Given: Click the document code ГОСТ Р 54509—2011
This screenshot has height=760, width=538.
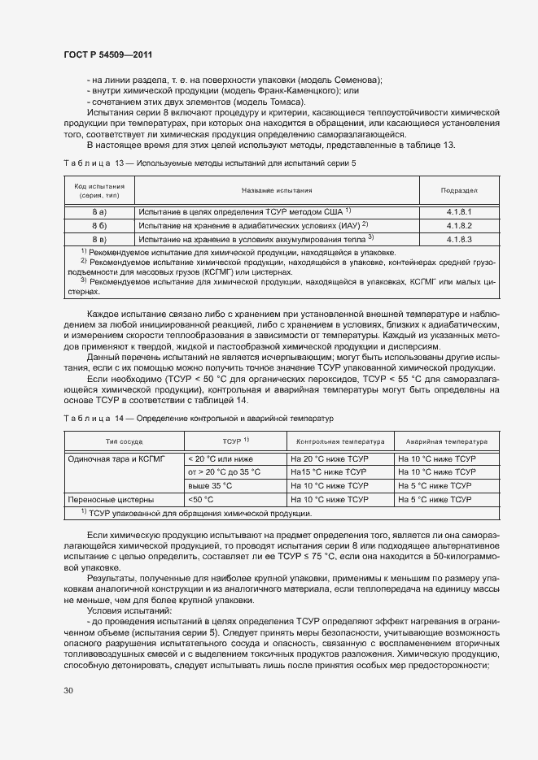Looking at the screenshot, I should point(107,54).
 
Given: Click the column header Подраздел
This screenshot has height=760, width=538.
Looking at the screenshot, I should point(458,190).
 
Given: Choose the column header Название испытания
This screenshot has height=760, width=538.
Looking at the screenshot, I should point(277,190).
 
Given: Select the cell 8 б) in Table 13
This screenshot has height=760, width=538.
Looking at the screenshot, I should point(99,224).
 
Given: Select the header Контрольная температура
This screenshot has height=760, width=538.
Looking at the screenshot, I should point(340,441).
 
